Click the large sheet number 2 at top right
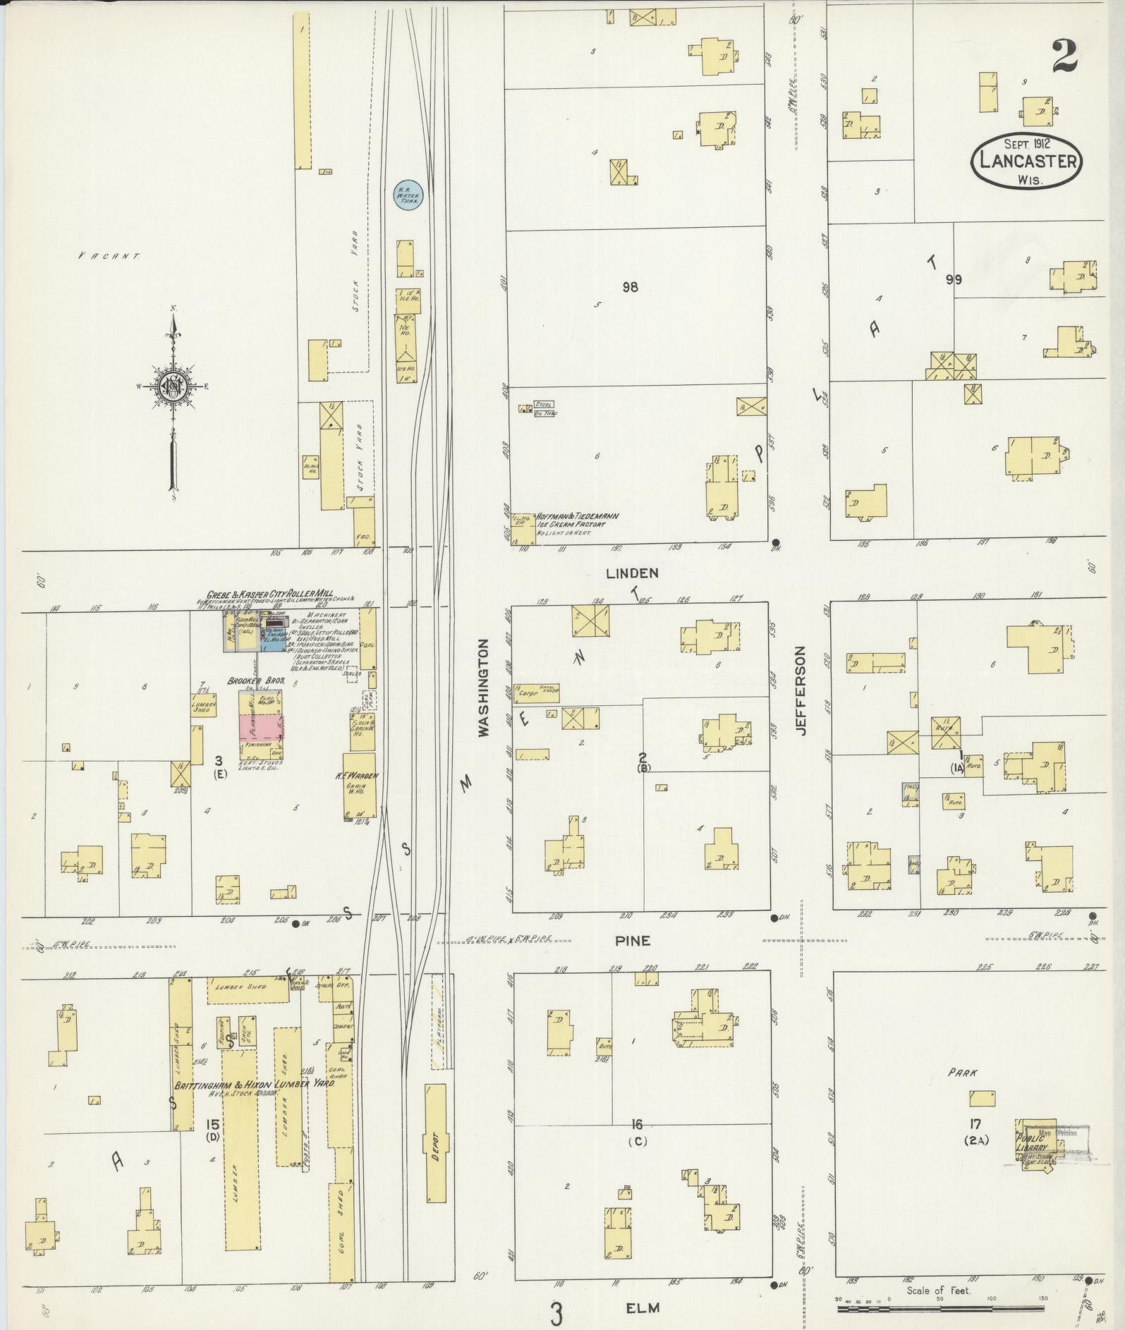click(x=1065, y=57)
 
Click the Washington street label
click(x=484, y=688)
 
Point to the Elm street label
click(x=643, y=1307)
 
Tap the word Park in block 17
click(x=962, y=1073)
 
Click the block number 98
click(x=630, y=287)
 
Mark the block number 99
click(x=954, y=280)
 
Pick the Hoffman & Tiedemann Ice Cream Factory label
click(x=578, y=524)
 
